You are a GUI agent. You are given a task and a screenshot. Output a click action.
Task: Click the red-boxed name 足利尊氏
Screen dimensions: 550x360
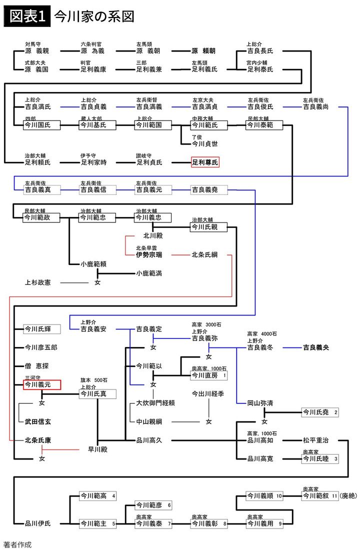205,162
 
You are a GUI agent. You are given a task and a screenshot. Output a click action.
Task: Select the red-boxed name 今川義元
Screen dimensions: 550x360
42,384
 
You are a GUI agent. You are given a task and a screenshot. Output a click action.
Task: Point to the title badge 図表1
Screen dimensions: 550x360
27,16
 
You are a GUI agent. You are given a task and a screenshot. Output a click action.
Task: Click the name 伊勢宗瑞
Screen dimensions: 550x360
149,255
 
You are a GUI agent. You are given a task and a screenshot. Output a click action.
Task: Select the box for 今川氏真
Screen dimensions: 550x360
97,394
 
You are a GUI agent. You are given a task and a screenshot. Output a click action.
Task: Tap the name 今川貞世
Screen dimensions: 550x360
205,144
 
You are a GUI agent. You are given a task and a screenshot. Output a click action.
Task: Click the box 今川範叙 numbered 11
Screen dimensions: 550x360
320,496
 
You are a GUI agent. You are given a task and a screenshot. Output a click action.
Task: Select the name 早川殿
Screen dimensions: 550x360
98,449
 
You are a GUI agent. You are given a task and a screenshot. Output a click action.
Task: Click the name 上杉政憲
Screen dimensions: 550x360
38,282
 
